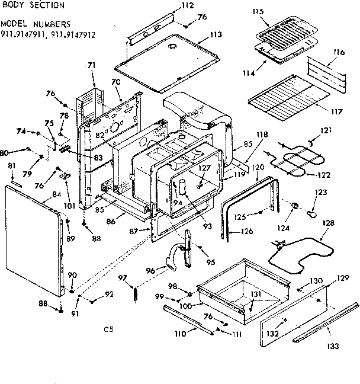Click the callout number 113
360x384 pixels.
pos(216,34)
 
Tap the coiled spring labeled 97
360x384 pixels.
pos(136,294)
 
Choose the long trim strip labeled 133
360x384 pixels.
pos(326,323)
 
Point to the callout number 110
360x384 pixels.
pos(179,335)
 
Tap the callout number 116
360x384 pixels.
pos(338,53)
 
